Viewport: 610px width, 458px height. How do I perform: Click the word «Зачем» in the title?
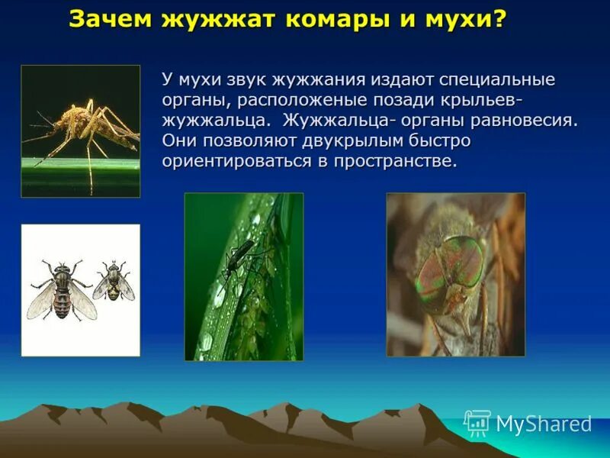click(x=110, y=20)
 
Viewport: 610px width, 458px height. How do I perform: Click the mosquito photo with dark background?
click(x=80, y=130)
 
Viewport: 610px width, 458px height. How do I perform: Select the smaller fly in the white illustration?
click(x=114, y=281)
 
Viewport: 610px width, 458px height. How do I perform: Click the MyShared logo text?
click(x=544, y=424)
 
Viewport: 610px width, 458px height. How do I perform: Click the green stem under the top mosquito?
click(x=80, y=163)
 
